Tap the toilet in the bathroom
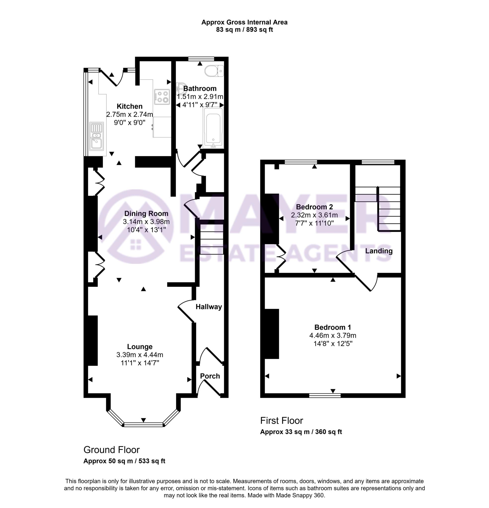[214, 71]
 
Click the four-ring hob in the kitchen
[162, 97]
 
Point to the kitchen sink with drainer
[96, 136]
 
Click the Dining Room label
[146, 214]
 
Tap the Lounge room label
[140, 347]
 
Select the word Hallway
[209, 307]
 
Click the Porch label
[210, 376]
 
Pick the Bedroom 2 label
[314, 207]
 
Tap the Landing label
[379, 251]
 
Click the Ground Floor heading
[111, 450]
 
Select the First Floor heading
[281, 420]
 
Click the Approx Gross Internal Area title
[244, 22]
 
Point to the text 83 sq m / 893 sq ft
[244, 30]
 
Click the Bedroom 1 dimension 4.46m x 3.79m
[333, 335]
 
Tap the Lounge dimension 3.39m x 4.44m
[140, 355]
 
